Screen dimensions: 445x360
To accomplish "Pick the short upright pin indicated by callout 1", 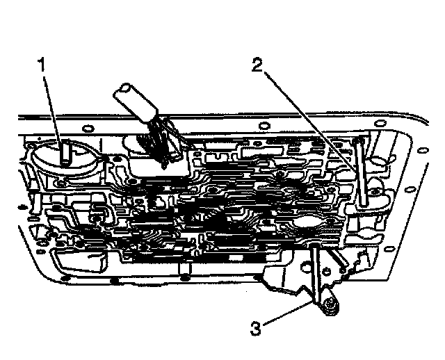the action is [64, 152].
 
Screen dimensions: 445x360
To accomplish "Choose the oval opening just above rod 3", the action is [307, 224].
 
